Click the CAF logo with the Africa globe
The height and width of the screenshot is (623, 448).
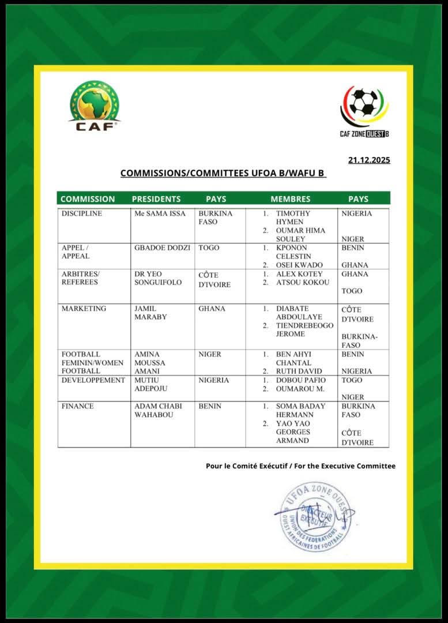pos(95,106)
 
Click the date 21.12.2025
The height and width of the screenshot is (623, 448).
pos(369,160)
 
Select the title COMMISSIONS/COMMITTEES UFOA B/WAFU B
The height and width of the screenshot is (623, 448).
pos(223,173)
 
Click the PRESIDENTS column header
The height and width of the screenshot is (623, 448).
pos(156,199)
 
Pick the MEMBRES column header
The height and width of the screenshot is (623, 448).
pos(290,199)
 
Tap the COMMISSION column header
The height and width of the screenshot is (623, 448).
pos(88,199)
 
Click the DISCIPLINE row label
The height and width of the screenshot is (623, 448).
pos(81,213)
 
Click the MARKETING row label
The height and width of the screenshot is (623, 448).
pos(84,309)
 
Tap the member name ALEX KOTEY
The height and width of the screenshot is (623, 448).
pos(299,274)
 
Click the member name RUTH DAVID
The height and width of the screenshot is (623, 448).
pos(299,371)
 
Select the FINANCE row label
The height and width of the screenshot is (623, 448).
pos(78,406)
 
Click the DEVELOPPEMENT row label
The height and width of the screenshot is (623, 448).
pos(93,380)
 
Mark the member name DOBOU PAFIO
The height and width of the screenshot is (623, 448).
pos(300,380)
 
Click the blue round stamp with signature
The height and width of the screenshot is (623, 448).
pos(315,516)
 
